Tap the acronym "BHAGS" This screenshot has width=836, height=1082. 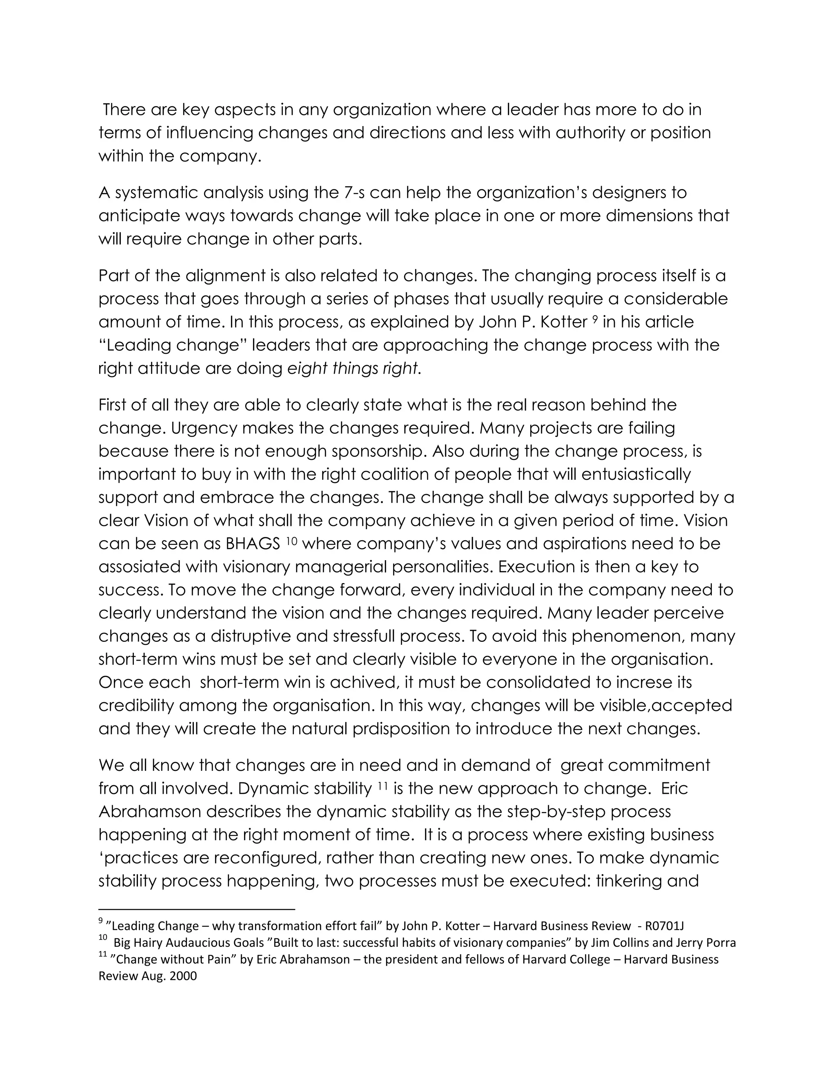click(253, 544)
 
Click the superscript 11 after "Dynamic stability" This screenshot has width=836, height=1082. click(382, 785)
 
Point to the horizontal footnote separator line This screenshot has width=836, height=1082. click(197, 910)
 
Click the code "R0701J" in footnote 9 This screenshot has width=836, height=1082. click(664, 926)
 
